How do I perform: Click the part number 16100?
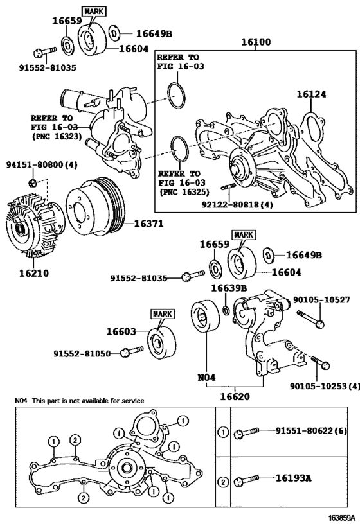256,42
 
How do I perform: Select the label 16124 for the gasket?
311,94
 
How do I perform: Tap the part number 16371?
148,224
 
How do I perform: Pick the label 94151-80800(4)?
42,164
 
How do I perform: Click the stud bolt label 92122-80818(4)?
237,204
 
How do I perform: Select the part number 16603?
122,331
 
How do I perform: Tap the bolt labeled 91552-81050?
133,351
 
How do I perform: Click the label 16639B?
229,288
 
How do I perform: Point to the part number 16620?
235,396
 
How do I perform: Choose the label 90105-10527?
321,299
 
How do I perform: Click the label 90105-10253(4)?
325,386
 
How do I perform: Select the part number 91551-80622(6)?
311,430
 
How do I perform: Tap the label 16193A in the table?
294,478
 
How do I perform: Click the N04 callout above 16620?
206,378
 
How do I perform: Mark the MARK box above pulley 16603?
163,314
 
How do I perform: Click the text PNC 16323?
57,136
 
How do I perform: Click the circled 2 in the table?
223,482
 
